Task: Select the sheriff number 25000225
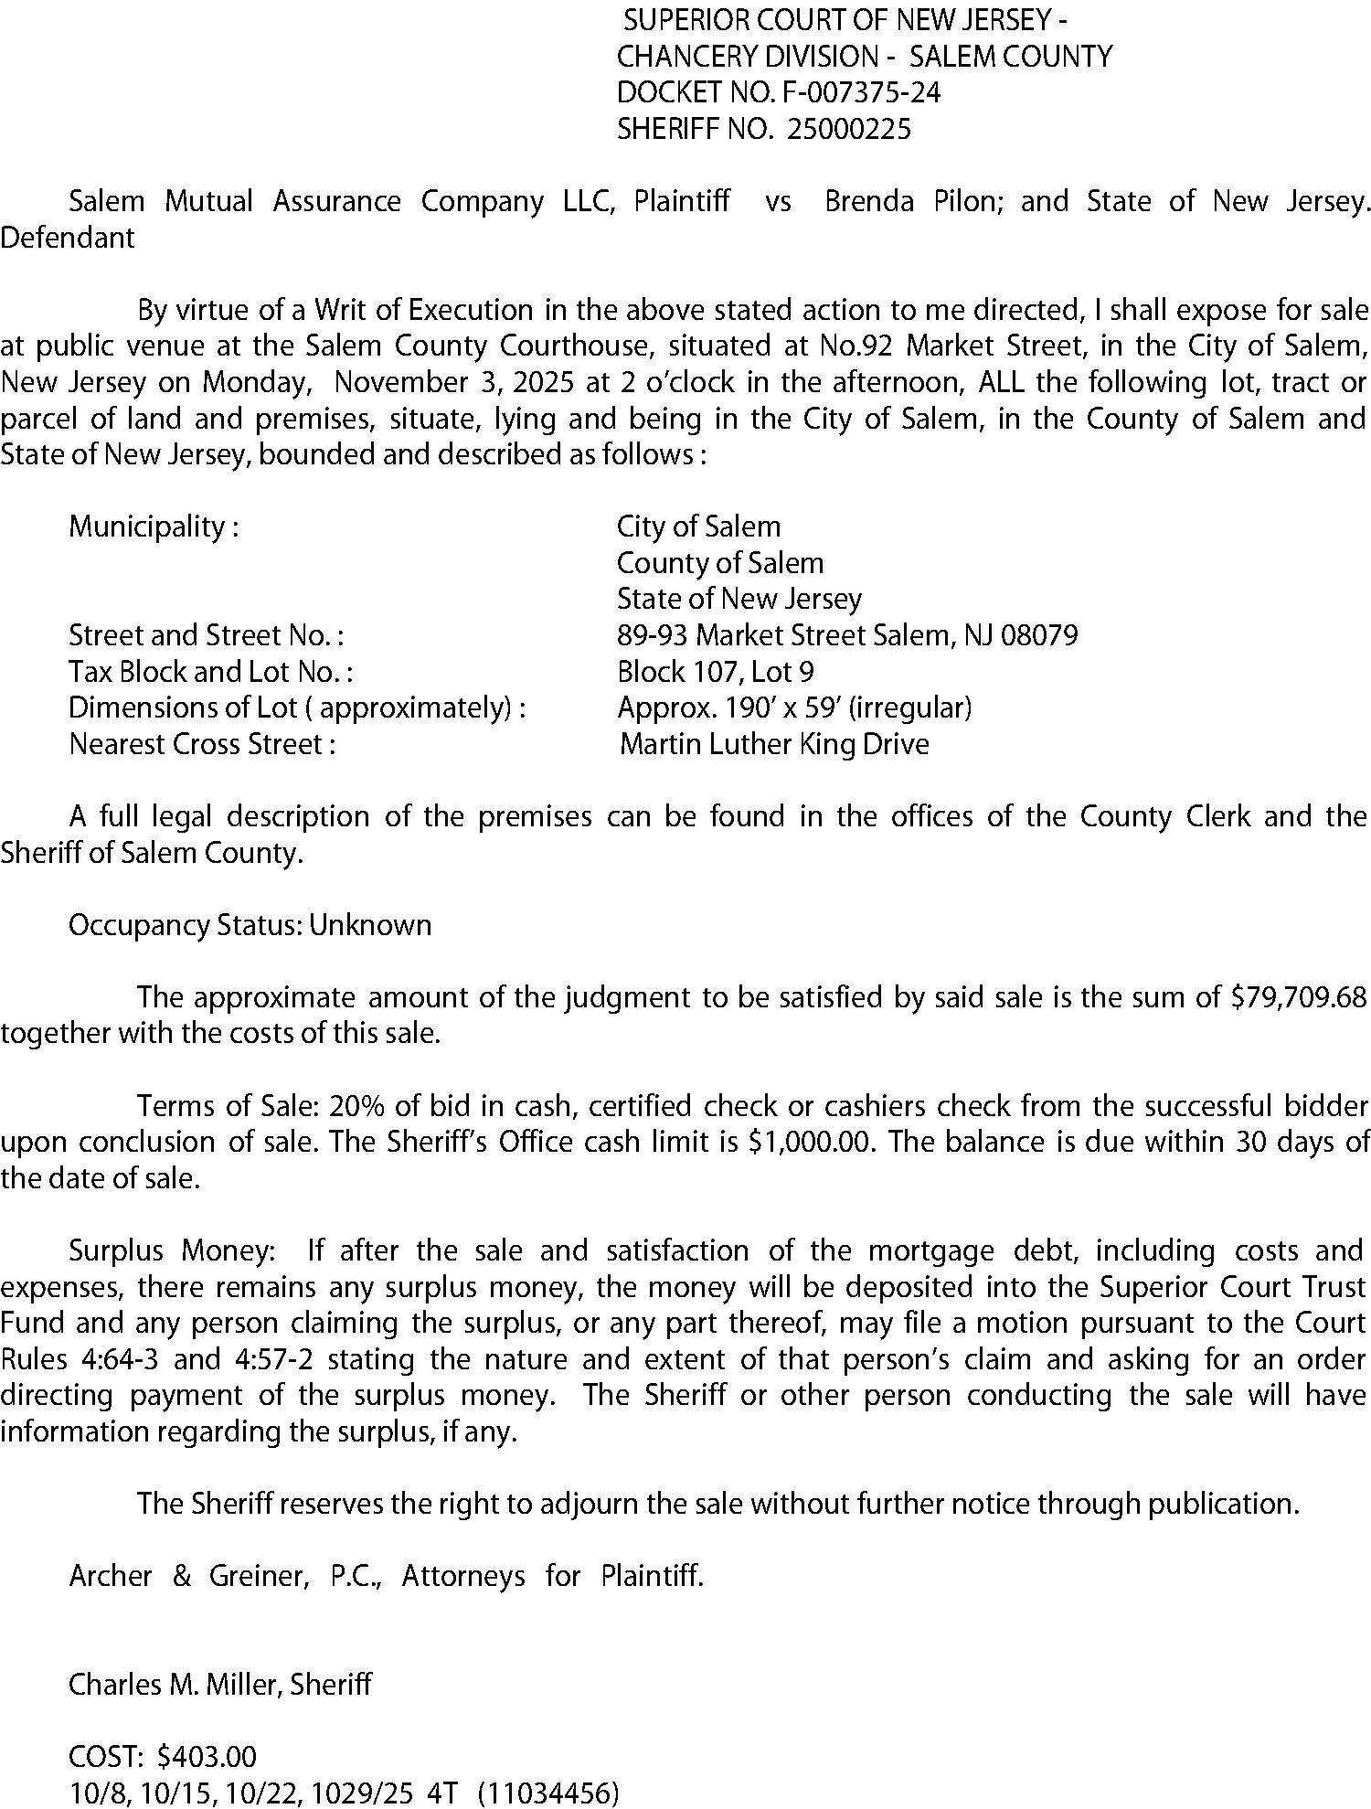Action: (x=849, y=130)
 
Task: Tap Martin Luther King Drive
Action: (x=774, y=744)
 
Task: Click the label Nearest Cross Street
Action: (x=202, y=744)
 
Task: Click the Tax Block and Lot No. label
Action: (x=210, y=672)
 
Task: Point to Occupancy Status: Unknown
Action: (x=250, y=925)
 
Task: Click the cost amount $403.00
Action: (x=207, y=1757)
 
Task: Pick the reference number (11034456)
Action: (x=548, y=1793)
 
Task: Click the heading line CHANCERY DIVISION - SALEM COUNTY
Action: (x=865, y=57)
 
